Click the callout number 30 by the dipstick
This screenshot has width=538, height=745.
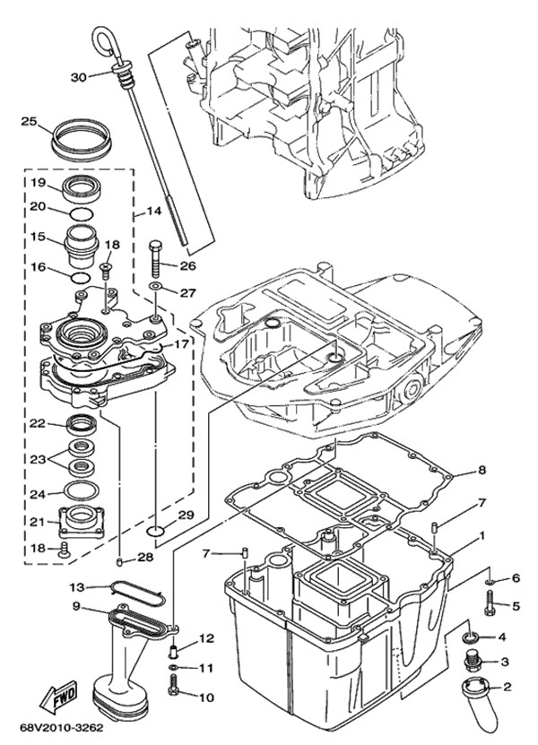coord(78,78)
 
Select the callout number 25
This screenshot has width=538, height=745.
coord(29,121)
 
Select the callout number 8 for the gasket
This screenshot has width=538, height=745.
coord(482,469)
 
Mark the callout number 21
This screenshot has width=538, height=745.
coord(37,522)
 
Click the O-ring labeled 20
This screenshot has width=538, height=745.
coord(81,213)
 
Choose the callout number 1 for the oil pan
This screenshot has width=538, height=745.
coord(482,536)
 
